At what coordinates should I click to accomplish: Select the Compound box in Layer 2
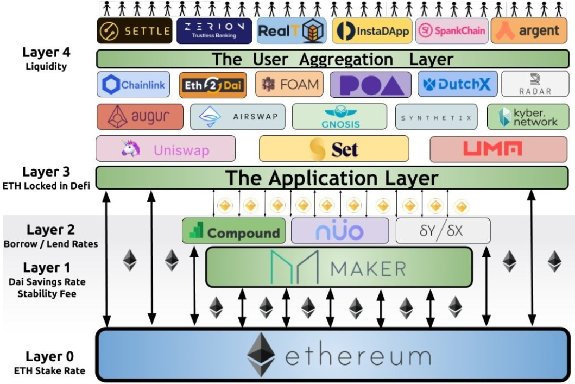click(x=233, y=231)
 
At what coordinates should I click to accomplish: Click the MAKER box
click(x=339, y=267)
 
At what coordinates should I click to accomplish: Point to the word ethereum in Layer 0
click(x=358, y=357)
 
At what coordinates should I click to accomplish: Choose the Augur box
click(x=141, y=117)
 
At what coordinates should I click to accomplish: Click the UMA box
click(x=498, y=149)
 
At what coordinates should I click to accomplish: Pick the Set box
click(x=333, y=149)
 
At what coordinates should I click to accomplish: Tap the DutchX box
click(x=457, y=85)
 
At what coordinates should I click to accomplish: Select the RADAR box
click(x=534, y=85)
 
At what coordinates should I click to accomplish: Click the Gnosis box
click(x=339, y=117)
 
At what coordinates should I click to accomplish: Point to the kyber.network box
click(x=528, y=117)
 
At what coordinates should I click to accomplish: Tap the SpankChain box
click(x=452, y=31)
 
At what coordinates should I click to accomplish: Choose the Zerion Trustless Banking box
click(x=214, y=31)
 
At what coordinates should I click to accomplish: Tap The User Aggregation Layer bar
click(x=332, y=59)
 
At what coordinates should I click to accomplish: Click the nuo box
click(x=340, y=231)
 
